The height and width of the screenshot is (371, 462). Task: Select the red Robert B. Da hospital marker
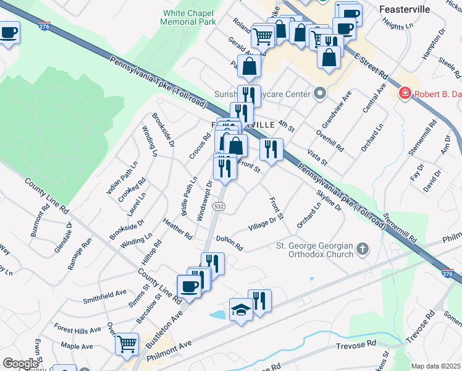coord(405,93)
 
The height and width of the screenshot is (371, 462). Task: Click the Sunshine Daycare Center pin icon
coord(319,95)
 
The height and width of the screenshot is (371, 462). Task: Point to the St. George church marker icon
coord(363,250)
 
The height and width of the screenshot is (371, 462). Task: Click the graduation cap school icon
coord(240,309)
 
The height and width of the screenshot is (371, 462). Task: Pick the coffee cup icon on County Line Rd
coord(188,287)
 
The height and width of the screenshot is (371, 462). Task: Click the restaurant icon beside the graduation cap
coord(259,301)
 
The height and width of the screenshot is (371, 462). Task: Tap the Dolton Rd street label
coord(229,242)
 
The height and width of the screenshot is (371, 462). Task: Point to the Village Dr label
coord(262,223)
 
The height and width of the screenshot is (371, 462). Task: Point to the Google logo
coord(21,364)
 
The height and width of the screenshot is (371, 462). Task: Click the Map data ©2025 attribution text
coord(435,366)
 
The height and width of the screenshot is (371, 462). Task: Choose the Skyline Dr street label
coord(329,201)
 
